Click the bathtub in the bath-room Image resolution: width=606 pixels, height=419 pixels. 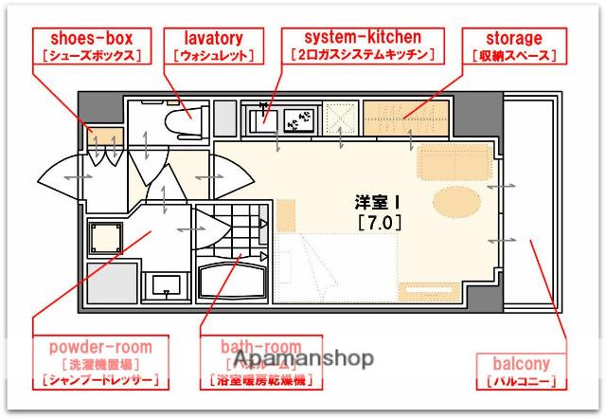click(x=233, y=282)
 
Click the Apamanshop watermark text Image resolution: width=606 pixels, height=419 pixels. click(x=302, y=359)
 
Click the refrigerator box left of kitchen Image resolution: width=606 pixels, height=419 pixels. click(x=224, y=118)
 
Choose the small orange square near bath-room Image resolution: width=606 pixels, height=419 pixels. click(x=285, y=212)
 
